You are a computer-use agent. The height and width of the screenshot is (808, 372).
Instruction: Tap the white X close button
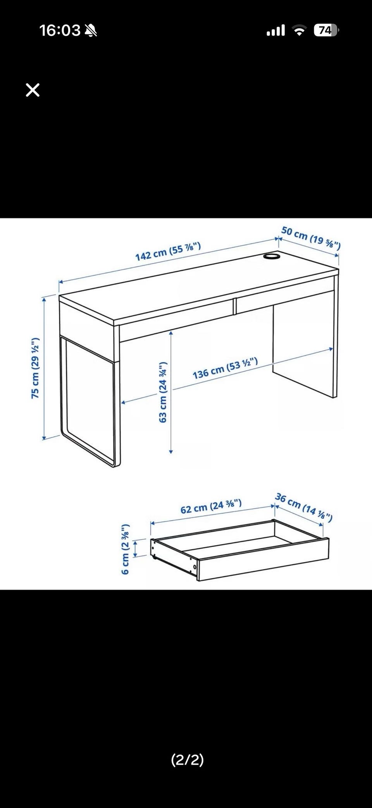click(x=33, y=90)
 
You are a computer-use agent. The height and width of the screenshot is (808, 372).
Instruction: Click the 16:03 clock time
click(x=60, y=30)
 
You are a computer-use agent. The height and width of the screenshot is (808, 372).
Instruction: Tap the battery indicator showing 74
click(x=326, y=30)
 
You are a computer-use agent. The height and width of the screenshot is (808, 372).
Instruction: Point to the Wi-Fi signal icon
click(x=299, y=31)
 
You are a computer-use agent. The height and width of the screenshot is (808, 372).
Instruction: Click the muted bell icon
click(x=91, y=30)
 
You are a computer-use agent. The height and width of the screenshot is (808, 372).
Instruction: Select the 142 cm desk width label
click(x=168, y=252)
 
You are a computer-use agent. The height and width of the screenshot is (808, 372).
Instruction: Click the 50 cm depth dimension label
click(x=311, y=238)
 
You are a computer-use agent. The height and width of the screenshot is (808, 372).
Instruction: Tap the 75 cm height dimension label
click(x=35, y=368)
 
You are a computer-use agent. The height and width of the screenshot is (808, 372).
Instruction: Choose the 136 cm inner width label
click(x=225, y=369)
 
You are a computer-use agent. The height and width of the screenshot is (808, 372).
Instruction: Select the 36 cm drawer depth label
click(x=304, y=507)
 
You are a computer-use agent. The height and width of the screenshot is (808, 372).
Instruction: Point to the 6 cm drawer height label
click(x=125, y=549)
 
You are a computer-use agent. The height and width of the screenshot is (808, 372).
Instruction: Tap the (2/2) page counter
click(x=188, y=760)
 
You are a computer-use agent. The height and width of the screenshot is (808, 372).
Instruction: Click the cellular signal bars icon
click(x=276, y=30)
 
